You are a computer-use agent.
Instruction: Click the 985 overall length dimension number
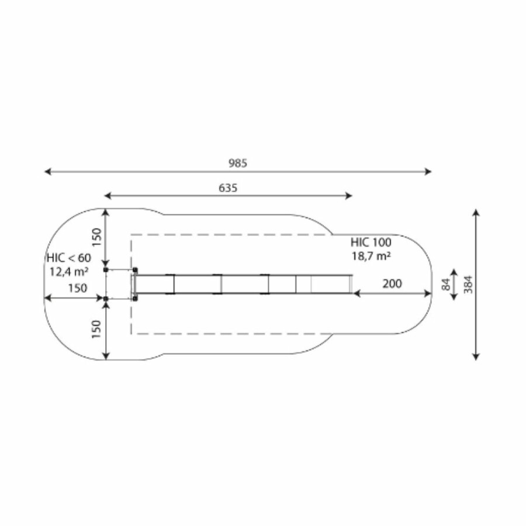[238, 163]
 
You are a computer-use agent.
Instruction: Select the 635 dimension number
[228, 188]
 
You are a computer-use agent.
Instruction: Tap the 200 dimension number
[392, 284]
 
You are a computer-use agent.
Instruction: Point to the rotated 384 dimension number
[468, 285]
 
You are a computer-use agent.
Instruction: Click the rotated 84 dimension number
[446, 285]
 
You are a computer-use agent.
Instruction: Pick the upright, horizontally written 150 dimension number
[78, 288]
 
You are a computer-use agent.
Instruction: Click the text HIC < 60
[69, 258]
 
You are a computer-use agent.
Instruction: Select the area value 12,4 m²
[69, 271]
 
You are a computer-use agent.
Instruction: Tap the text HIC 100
[371, 242]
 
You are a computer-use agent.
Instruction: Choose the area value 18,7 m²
[371, 255]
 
